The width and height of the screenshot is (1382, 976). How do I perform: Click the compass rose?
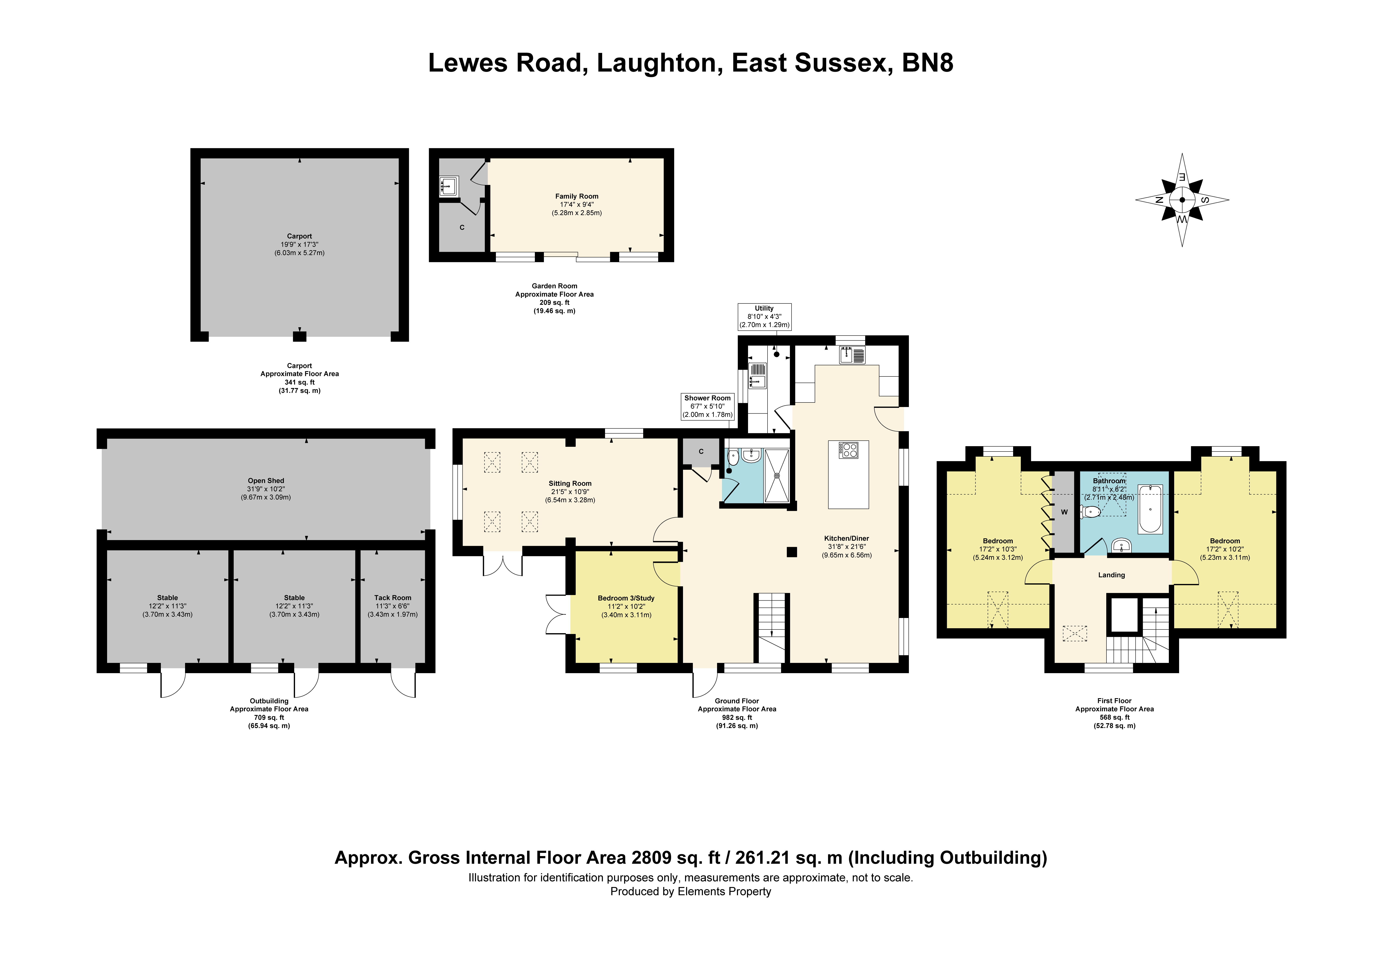click(x=1182, y=200)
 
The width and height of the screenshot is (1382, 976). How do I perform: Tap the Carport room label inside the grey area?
click(x=299, y=244)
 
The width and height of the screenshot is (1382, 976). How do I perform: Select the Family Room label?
click(x=577, y=205)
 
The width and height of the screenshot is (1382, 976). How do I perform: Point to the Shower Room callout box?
click(x=707, y=406)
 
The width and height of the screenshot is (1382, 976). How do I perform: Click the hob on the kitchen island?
click(x=849, y=450)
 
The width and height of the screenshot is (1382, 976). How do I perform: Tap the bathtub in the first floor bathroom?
click(x=1150, y=509)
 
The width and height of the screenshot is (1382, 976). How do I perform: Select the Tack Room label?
click(x=392, y=606)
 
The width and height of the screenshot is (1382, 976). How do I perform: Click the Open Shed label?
click(x=266, y=489)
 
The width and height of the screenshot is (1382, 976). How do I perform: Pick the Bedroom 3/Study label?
click(x=626, y=607)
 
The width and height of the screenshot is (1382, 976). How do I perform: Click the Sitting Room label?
click(x=570, y=492)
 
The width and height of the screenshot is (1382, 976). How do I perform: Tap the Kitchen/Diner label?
click(x=847, y=546)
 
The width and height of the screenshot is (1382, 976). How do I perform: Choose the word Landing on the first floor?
click(x=1111, y=575)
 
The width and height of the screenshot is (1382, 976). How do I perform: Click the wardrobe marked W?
click(x=1064, y=512)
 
